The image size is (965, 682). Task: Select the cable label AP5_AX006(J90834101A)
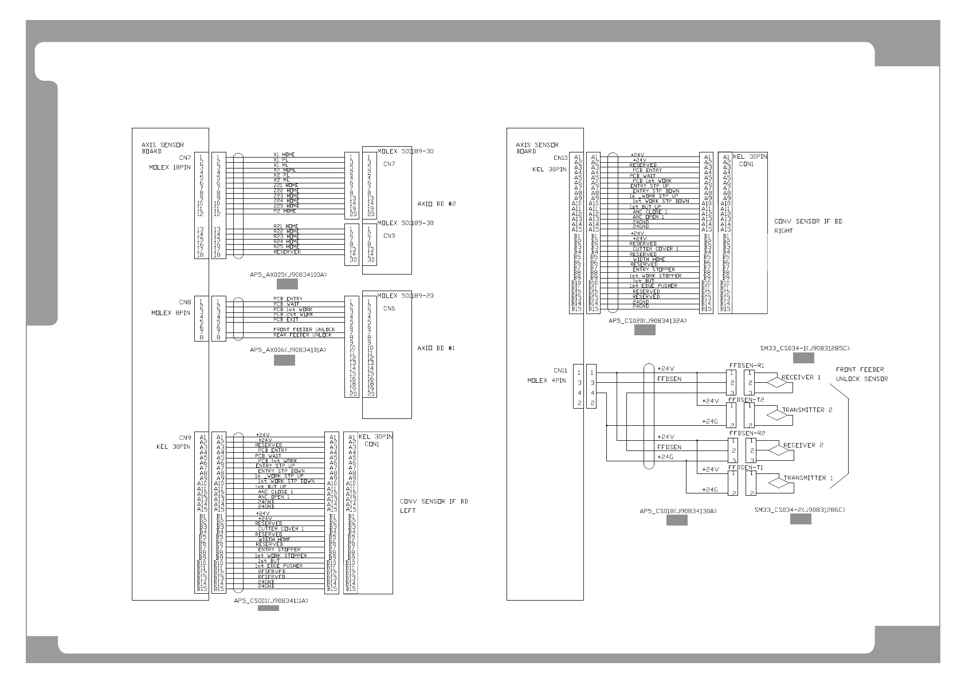pyautogui.click(x=288, y=350)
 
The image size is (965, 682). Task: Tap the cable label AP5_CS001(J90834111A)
pyautogui.click(x=271, y=601)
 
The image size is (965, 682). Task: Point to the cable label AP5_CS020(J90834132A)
pyautogui.click(x=648, y=321)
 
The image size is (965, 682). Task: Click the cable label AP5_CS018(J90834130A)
pyautogui.click(x=678, y=511)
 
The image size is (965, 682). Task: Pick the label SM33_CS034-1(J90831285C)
pyautogui.click(x=805, y=348)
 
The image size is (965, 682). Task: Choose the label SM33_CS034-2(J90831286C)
pyautogui.click(x=801, y=509)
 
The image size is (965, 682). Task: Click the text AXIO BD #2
pyautogui.click(x=437, y=203)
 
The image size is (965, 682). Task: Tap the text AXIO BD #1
pyautogui.click(x=437, y=348)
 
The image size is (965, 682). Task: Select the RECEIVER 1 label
pyautogui.click(x=801, y=377)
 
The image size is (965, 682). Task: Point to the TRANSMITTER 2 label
pyautogui.click(x=807, y=410)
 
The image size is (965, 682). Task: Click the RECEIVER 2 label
pyautogui.click(x=803, y=445)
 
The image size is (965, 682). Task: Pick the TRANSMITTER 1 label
pyautogui.click(x=807, y=477)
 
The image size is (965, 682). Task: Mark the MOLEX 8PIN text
pyautogui.click(x=171, y=313)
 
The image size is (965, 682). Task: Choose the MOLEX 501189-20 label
pyautogui.click(x=405, y=296)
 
